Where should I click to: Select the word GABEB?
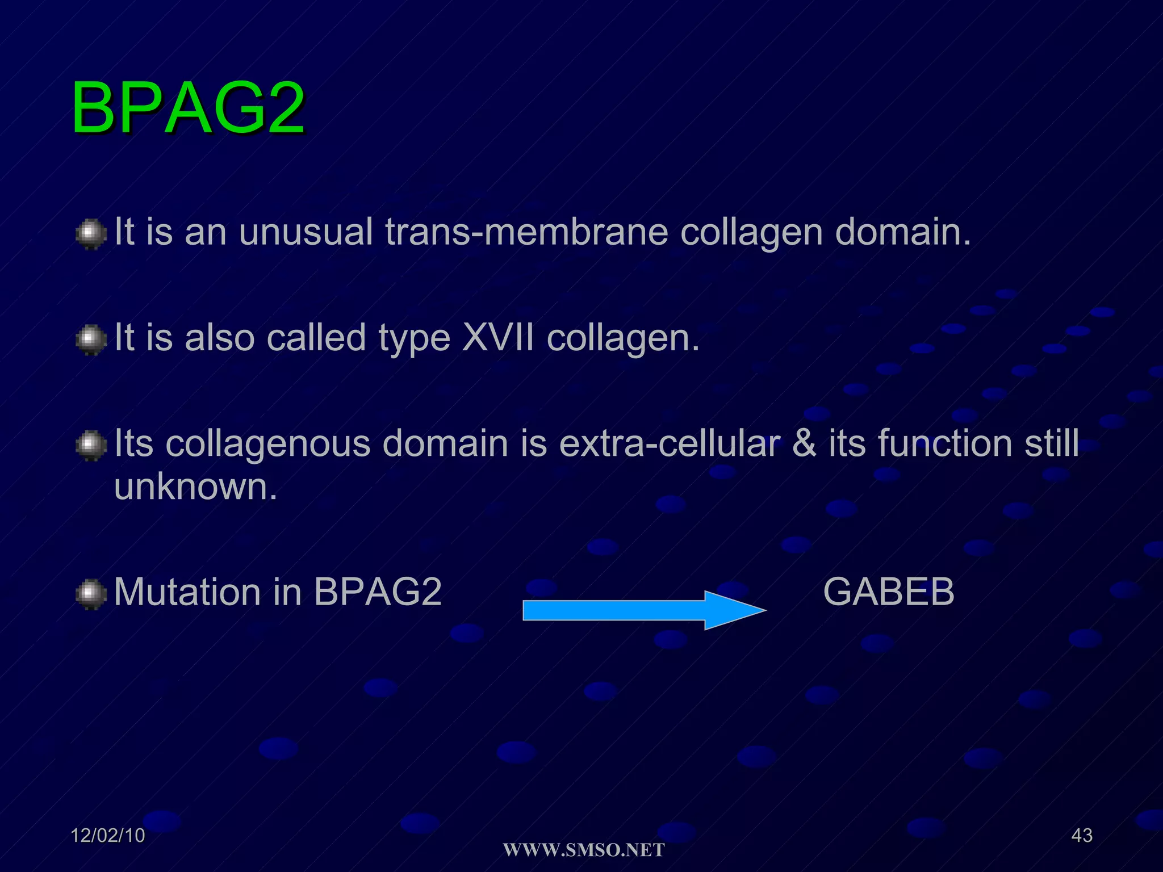(889, 592)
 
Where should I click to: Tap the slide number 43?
(1081, 835)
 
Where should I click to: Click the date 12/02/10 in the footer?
(108, 835)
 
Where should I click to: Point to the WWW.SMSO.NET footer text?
(584, 850)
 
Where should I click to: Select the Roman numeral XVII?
(498, 338)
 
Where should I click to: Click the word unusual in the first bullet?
(306, 232)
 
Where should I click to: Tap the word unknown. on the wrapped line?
(196, 487)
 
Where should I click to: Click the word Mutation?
(187, 592)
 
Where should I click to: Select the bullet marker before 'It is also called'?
(91, 340)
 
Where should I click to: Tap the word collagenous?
(268, 445)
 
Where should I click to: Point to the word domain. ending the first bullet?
(903, 232)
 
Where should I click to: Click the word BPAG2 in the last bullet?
(378, 592)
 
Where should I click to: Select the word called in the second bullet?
(316, 338)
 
